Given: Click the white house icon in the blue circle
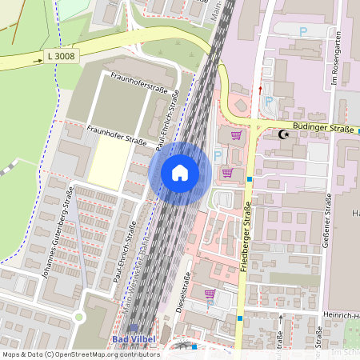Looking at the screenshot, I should pos(179,173).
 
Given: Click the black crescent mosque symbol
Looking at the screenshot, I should pos(282,134).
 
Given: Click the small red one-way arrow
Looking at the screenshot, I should pos(260,90).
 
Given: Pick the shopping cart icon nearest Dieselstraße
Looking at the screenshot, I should pos(210,294).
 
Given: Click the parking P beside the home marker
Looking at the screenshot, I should pos(218,155).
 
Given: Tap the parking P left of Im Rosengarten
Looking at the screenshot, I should pos(302,30).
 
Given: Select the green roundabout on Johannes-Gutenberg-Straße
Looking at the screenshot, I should pos(78,318).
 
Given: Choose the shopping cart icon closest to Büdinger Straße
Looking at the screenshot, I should pos(235,135).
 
